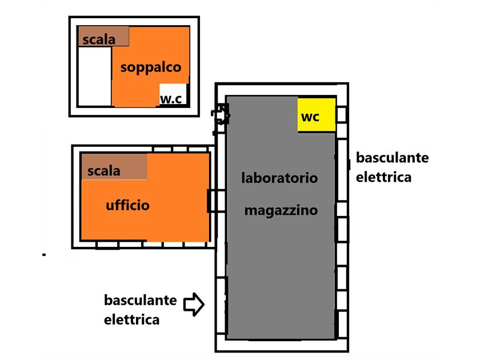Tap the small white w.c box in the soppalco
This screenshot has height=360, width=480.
(x=173, y=95)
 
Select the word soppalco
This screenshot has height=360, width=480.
(x=151, y=67)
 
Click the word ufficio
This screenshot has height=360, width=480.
(x=127, y=205)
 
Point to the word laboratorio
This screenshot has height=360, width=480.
(x=279, y=178)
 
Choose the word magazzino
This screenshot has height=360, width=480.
(x=281, y=210)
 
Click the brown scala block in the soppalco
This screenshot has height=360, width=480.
(x=103, y=37)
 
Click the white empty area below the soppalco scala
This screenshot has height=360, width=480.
(x=94, y=76)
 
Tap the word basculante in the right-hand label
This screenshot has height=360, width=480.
(x=392, y=158)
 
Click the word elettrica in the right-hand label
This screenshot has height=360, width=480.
(x=383, y=177)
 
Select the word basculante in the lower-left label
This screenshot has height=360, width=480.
(x=141, y=300)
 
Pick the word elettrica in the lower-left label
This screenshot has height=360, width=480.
(x=131, y=319)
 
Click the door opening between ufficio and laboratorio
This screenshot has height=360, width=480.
(x=213, y=201)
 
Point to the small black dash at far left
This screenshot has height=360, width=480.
(x=43, y=254)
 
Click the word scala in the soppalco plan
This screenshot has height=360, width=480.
(x=99, y=40)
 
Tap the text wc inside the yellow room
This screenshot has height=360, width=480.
(x=310, y=117)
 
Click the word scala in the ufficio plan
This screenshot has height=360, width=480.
(x=104, y=170)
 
